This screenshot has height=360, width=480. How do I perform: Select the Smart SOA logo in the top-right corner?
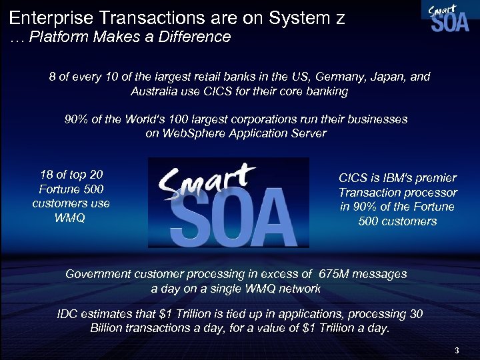click(445, 17)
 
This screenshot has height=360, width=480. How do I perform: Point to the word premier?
click(435, 178)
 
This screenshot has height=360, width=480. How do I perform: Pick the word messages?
click(382, 274)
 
